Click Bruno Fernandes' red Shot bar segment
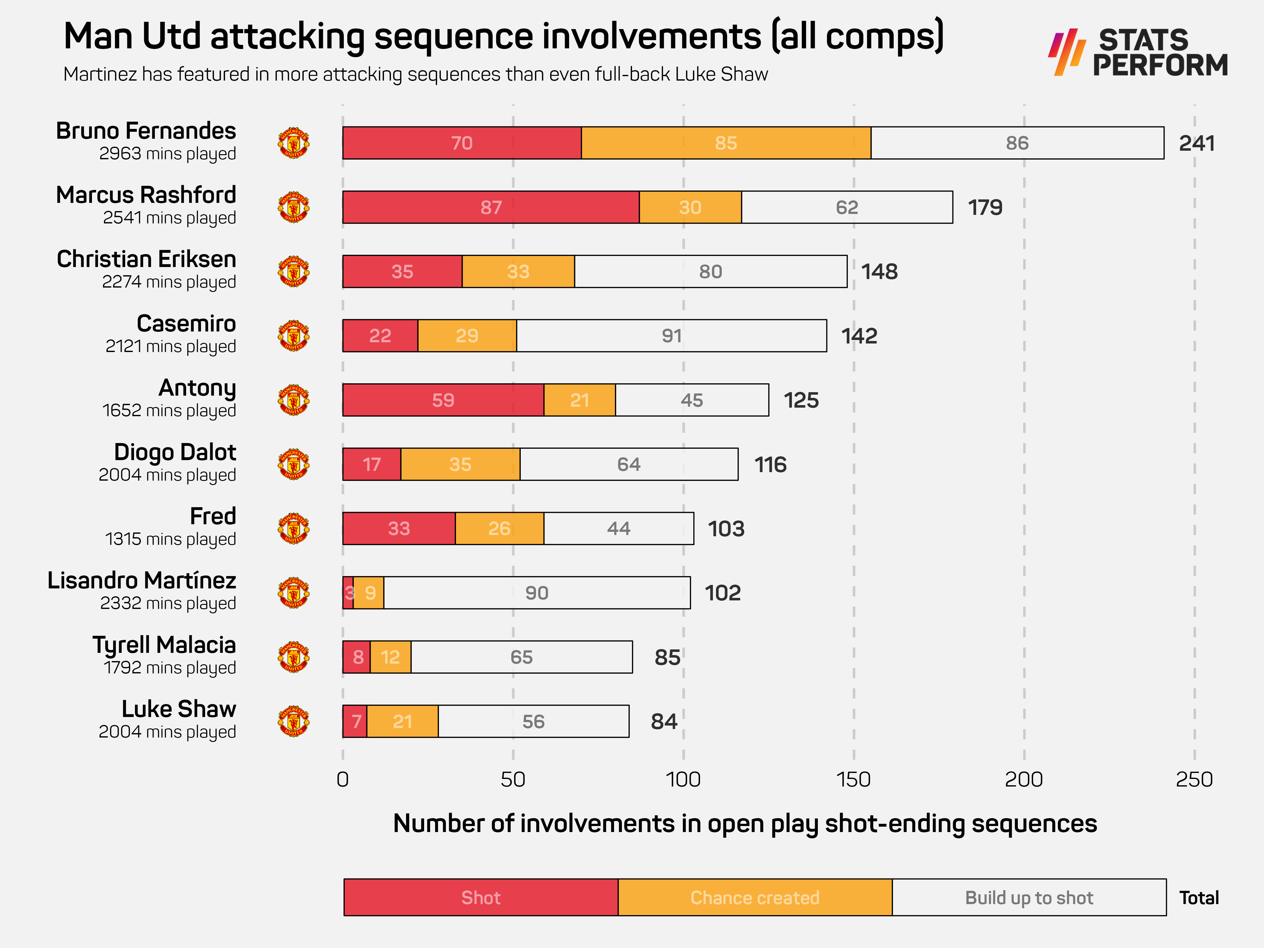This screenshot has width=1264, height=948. [462, 143]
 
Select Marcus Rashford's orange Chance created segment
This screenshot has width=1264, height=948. [690, 207]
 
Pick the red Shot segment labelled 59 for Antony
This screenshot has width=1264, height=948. [443, 400]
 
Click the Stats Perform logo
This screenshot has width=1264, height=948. [1138, 52]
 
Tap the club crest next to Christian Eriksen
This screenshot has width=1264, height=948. [294, 271]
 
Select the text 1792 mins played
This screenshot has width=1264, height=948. [170, 667]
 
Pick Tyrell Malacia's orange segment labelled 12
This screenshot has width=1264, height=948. [390, 658]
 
